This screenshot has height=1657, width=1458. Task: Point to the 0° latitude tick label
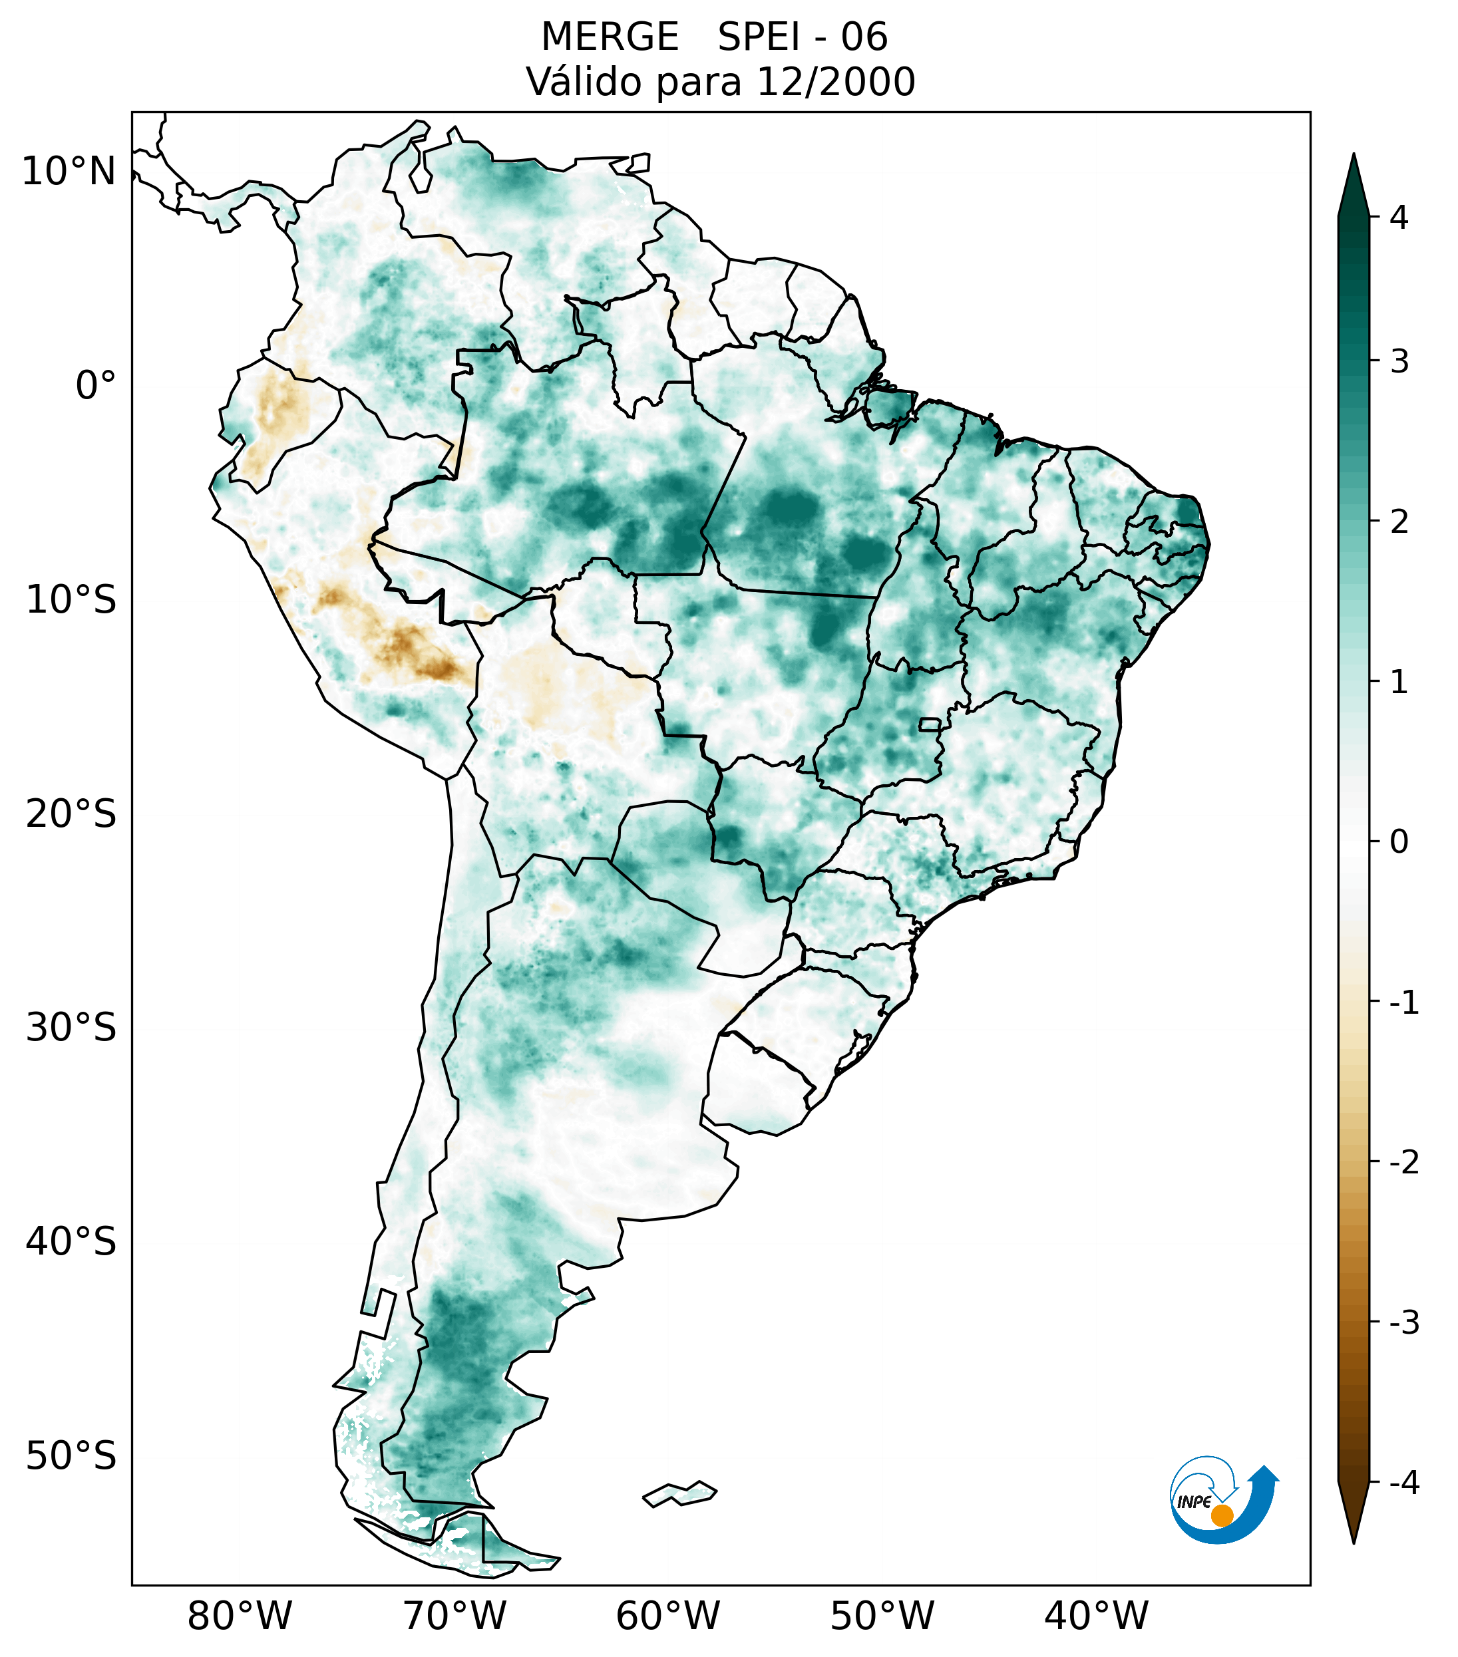96,385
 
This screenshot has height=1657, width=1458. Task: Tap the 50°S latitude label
71,1456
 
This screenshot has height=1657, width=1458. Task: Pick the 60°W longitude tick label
667,1616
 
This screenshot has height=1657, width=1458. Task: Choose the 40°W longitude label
1097,1616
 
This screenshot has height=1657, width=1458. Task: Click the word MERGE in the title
610,37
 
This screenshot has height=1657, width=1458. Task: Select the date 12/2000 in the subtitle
835,82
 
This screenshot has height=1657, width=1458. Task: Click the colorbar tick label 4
1399,218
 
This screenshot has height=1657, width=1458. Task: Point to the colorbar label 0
1399,842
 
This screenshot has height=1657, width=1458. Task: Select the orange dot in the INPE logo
1222,1515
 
